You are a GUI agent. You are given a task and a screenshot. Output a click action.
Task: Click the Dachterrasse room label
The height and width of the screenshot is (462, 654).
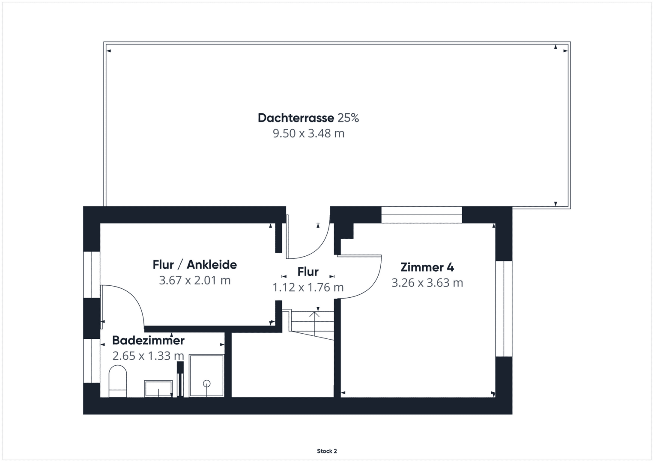point(296,118)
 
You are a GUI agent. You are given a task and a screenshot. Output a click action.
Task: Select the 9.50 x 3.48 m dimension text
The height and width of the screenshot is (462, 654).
point(309,133)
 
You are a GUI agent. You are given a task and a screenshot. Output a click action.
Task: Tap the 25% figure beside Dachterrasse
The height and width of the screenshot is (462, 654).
point(348,118)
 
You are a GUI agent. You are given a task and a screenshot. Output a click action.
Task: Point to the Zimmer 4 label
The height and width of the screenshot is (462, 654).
point(427,267)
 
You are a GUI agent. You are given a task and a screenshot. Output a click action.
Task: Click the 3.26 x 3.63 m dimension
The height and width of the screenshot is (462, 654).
point(427,283)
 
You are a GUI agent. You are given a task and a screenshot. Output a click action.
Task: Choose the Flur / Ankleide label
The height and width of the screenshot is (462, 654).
point(195,264)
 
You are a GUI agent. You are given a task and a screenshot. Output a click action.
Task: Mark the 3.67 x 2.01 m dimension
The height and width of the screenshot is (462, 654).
point(195,280)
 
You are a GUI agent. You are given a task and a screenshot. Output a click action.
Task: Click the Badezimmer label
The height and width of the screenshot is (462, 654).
point(148,340)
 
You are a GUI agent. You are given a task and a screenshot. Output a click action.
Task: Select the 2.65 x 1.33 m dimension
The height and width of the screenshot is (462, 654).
point(148,356)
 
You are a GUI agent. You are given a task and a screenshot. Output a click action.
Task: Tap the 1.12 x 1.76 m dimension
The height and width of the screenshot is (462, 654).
point(308,287)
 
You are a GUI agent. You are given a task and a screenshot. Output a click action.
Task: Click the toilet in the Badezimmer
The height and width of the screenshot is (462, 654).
point(118,381)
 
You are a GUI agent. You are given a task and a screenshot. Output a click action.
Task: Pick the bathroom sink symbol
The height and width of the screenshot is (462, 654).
point(158,388)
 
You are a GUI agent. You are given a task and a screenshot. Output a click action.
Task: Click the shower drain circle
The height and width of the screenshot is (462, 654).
point(207,383)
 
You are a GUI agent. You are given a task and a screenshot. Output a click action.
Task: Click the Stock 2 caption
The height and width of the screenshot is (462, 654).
point(327,451)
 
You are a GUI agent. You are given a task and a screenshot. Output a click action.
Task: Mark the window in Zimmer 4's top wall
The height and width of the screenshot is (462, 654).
point(421,215)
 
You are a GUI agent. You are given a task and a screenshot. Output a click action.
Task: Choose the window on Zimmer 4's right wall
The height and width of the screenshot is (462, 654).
point(504,308)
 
